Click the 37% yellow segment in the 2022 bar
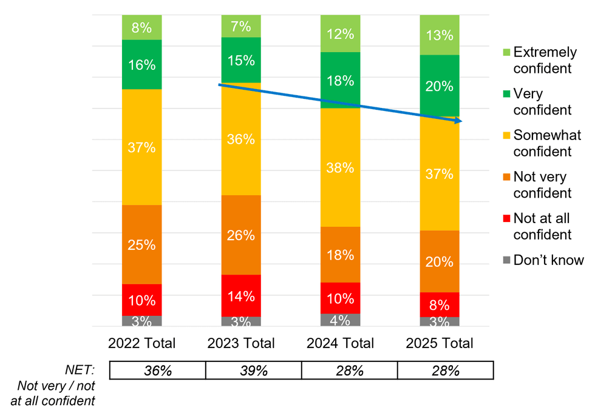[141, 147]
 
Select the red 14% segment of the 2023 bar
[241, 296]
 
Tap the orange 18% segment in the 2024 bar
[340, 255]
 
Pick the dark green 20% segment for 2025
[440, 86]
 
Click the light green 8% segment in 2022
[141, 27]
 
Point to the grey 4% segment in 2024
[340, 320]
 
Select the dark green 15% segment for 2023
[241, 60]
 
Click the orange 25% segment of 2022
[141, 245]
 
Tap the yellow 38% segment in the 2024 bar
[340, 167]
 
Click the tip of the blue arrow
[461, 122]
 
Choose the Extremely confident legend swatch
[505, 53]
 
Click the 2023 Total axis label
[241, 343]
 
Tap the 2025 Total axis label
[440, 343]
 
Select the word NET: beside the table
[80, 370]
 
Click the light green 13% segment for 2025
[440, 35]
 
